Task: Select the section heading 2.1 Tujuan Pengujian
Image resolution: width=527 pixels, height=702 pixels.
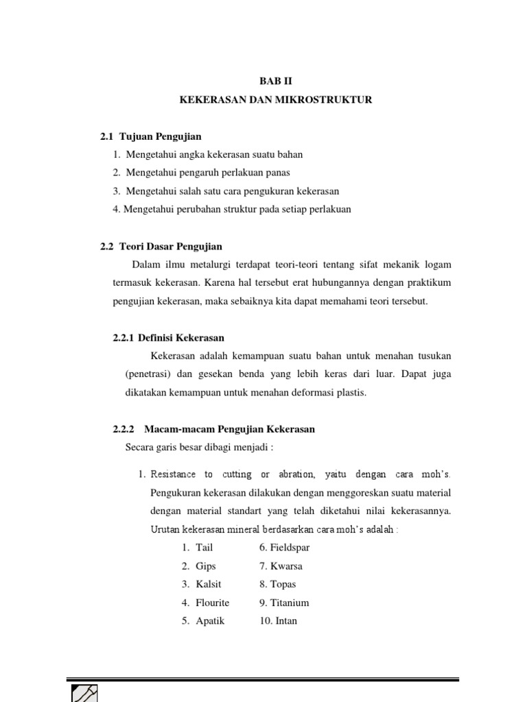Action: tap(151, 136)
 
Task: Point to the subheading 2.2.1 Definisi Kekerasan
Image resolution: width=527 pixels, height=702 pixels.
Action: tap(168, 338)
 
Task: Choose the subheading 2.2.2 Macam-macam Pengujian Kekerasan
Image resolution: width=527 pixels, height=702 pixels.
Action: tap(213, 429)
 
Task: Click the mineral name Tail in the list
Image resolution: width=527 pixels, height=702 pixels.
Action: tap(204, 548)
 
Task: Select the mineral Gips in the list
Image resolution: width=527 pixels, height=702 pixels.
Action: tap(206, 566)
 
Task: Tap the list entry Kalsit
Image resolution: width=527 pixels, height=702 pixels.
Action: tap(209, 584)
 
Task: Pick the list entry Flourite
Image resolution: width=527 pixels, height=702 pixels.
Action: tap(212, 603)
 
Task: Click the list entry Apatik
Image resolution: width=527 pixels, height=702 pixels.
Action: tap(210, 621)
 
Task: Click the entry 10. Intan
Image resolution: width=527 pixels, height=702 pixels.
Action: tap(278, 621)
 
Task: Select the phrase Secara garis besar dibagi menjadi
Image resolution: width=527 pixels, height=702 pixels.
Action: tap(199, 448)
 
